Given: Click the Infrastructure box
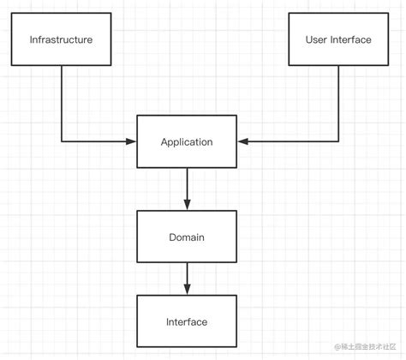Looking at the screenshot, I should pos(61,39).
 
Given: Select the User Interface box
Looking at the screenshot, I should pos(338,39).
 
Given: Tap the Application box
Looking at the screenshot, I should pos(187,141).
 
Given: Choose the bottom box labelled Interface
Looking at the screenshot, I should pos(187,321).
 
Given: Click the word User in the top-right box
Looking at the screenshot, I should pos(318,39).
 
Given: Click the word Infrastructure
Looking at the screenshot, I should pos(61,39).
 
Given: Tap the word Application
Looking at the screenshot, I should pos(187,141).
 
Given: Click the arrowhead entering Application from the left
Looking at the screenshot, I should pos(132,141).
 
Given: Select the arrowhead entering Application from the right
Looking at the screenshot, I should pos(242,141).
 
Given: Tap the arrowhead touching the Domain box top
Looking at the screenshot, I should pos(187,204).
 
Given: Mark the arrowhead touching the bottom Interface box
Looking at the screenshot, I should pos(187,291).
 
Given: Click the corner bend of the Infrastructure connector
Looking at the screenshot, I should pos(62,141).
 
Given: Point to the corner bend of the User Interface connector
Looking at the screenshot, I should pos(338,141).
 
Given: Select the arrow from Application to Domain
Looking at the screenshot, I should pos(187,186).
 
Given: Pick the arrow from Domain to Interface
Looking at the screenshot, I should pos(187,276).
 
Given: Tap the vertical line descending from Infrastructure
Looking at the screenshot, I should pos(62,103).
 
